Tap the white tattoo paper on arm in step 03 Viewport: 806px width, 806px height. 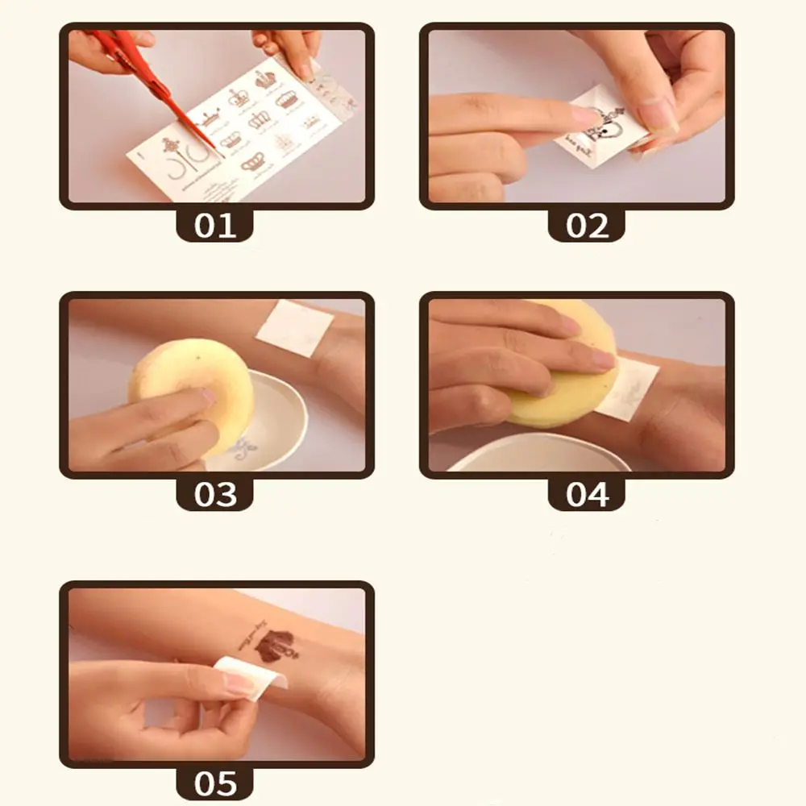tap(294, 327)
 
